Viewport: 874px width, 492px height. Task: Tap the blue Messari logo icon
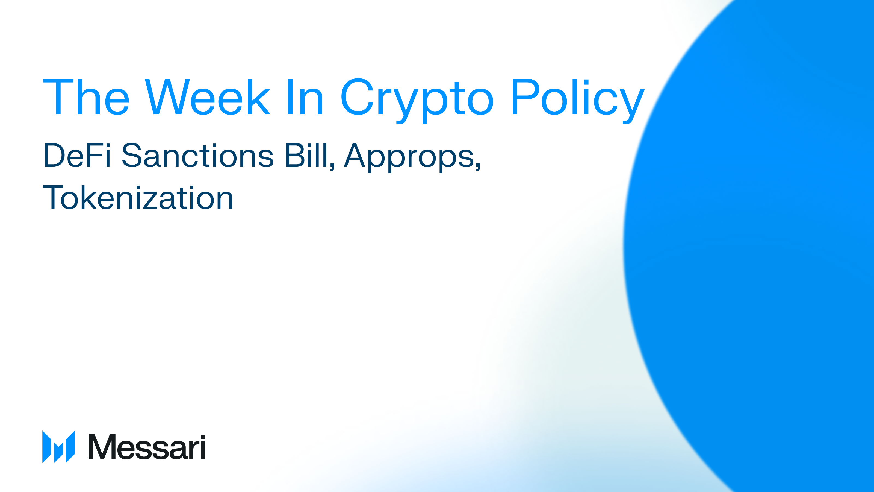coord(58,447)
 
